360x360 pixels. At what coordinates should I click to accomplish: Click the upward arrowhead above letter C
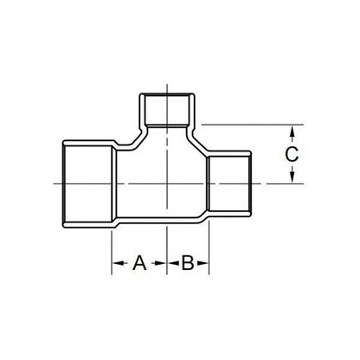click(x=293, y=131)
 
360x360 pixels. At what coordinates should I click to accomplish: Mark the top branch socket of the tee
click(x=167, y=111)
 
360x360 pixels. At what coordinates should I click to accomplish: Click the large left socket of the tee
click(x=87, y=183)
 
